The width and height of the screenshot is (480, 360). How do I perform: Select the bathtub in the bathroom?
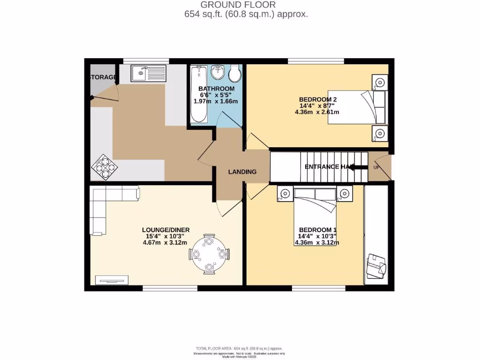click(x=200, y=94)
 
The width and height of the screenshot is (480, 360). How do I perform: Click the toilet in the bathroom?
click(x=234, y=73)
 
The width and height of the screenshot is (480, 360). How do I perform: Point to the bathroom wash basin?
click(x=217, y=72)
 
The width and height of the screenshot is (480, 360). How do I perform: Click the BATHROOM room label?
click(x=216, y=89)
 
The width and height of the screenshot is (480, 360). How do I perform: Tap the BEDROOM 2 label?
click(x=318, y=99)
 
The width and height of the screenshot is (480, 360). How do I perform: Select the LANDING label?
click(x=242, y=172)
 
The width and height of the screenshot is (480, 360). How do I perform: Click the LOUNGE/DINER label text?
click(x=166, y=230)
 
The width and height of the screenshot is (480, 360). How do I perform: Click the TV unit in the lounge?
click(x=112, y=280)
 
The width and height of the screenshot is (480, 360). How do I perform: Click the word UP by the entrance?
click(x=376, y=167)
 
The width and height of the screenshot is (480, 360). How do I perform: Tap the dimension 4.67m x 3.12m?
click(x=165, y=242)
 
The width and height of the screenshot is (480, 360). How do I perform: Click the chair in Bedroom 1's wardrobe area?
click(x=377, y=265)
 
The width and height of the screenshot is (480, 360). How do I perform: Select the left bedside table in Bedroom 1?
click(x=285, y=194)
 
